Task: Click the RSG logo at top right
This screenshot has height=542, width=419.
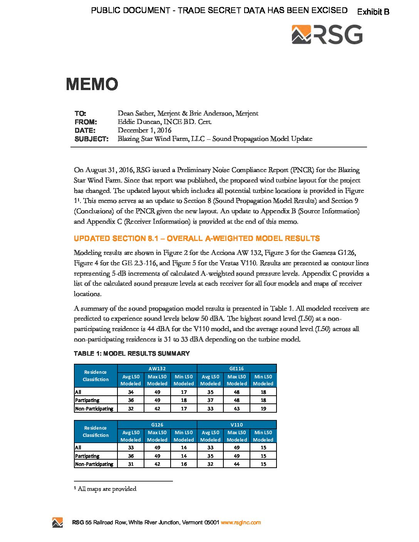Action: pyautogui.click(x=327, y=35)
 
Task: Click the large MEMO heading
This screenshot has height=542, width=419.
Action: pyautogui.click(x=92, y=84)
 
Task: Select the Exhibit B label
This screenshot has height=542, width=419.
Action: pyautogui.click(x=373, y=12)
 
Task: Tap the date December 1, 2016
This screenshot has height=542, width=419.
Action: pyautogui.click(x=144, y=130)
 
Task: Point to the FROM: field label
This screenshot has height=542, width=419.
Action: pyautogui.click(x=85, y=122)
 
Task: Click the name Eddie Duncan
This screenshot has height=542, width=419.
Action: pyautogui.click(x=139, y=122)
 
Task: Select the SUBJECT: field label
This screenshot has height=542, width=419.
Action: pyautogui.click(x=91, y=139)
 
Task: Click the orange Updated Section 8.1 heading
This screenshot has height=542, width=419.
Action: pyautogui.click(x=196, y=238)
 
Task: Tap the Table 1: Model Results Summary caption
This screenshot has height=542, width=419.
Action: pyautogui.click(x=132, y=353)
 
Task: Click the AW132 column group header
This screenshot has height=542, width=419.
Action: pyautogui.click(x=157, y=368)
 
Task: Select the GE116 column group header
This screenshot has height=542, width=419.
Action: pyautogui.click(x=236, y=368)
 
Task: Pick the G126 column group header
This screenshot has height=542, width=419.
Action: pyautogui.click(x=157, y=425)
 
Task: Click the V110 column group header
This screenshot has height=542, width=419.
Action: pyautogui.click(x=236, y=425)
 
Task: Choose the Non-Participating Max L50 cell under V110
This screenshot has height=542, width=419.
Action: pyautogui.click(x=236, y=464)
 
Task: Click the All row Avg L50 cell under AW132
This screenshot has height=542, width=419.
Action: pyautogui.click(x=131, y=392)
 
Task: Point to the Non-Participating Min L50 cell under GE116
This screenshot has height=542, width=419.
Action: pyautogui.click(x=263, y=408)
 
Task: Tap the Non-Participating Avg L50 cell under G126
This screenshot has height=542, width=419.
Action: pyautogui.click(x=131, y=464)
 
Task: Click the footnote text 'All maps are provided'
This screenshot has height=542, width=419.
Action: pyautogui.click(x=107, y=489)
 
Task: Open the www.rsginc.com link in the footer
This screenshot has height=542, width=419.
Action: pyautogui.click(x=241, y=522)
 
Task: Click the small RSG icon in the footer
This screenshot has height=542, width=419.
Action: pyautogui.click(x=57, y=522)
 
